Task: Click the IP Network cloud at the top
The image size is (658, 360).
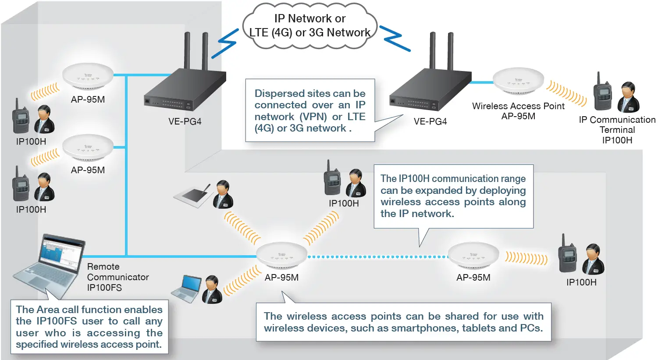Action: (309, 25)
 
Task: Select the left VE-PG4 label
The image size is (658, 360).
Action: (185, 121)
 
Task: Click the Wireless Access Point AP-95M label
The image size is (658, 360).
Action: (518, 111)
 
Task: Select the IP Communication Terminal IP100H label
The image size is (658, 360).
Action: (617, 130)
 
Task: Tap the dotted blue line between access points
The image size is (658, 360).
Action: (377, 257)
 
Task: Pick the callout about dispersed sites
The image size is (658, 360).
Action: (309, 110)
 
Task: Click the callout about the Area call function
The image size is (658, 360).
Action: (89, 327)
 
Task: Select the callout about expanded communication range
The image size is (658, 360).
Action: (453, 196)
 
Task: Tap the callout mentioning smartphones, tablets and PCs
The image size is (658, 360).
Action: (403, 322)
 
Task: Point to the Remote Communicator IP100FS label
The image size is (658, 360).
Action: (117, 277)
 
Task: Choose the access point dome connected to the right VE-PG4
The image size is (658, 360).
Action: (518, 81)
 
